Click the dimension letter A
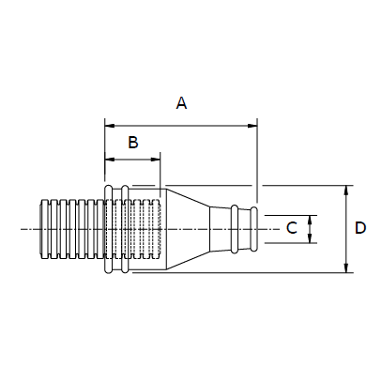coord(181,103)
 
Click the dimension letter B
coord(133,142)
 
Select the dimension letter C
coord(292,228)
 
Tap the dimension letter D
coord(360,228)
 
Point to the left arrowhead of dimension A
coord(110,126)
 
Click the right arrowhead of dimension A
coord(252,126)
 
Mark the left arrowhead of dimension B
coord(110,160)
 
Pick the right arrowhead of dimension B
coord(155,160)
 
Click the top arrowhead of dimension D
coord(346,191)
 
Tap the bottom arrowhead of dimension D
coord(346,267)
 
